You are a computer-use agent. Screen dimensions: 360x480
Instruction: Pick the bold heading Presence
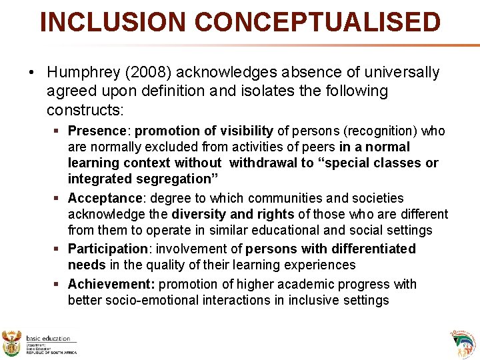click(97, 131)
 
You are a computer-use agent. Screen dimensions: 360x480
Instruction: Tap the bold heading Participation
click(108, 249)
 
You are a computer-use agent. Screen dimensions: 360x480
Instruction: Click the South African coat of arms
click(12, 343)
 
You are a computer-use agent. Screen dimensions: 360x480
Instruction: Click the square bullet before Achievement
click(59, 285)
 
